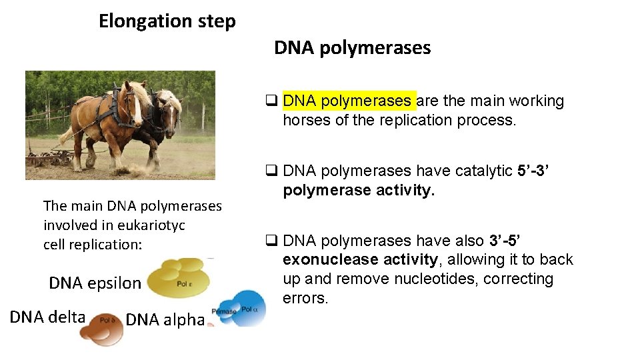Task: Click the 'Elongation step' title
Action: (x=167, y=21)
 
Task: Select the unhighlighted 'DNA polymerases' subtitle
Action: (x=352, y=48)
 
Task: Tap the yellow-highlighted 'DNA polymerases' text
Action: (x=347, y=101)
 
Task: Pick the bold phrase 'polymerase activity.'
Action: (x=359, y=191)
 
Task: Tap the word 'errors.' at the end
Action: (x=305, y=298)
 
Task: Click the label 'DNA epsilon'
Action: (x=95, y=283)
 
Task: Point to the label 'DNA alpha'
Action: (x=165, y=320)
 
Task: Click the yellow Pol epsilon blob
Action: (x=178, y=279)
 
